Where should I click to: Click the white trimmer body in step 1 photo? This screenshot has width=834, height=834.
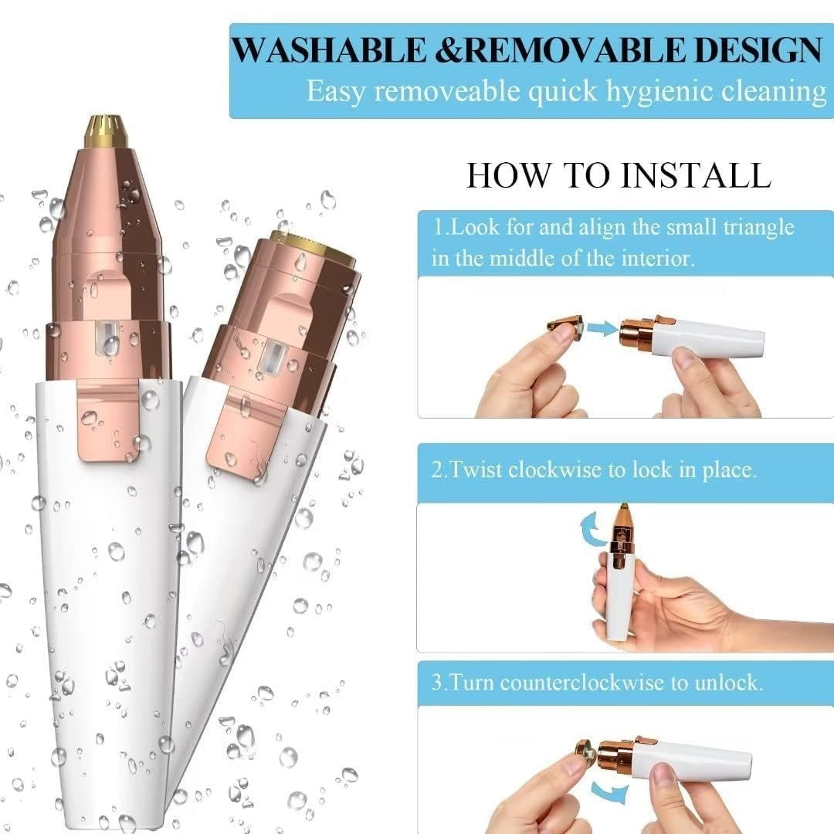(x=710, y=338)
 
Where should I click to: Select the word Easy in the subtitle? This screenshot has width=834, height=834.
(x=337, y=90)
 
